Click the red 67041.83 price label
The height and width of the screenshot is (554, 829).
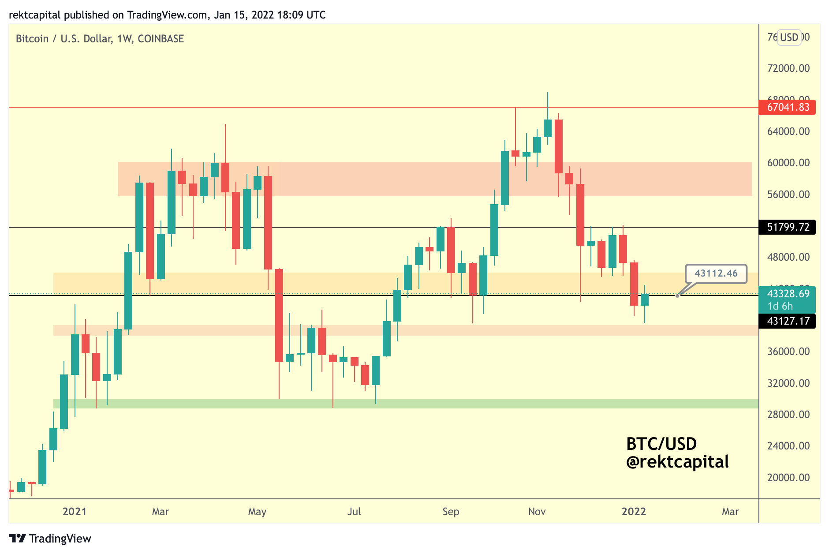[787, 107]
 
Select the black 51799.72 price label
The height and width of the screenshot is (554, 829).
[787, 227]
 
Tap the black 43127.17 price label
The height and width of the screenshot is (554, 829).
[787, 321]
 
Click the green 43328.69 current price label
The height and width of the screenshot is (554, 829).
[787, 294]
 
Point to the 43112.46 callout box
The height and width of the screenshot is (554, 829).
[716, 273]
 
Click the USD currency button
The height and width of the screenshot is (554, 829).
[789, 37]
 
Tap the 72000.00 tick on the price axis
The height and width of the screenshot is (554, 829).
[788, 68]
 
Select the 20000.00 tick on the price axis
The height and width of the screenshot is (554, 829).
[788, 478]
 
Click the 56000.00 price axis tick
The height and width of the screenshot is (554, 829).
[788, 195]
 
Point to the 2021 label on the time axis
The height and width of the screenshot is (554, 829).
[75, 512]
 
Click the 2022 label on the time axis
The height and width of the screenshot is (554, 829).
[634, 512]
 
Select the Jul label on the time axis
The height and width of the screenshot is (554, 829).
[354, 512]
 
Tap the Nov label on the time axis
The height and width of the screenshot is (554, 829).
[537, 512]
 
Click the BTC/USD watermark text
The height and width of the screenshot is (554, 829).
[661, 444]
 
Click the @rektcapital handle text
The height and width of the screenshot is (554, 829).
[677, 462]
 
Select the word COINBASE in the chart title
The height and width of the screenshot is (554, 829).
[161, 39]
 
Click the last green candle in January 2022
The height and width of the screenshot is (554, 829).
[645, 299]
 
